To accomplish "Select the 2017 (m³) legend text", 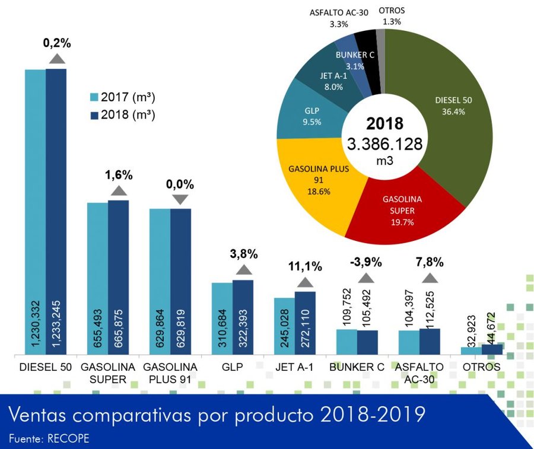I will coord(128,97).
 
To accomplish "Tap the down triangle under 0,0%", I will coord(180,200).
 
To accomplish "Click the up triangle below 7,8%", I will coord(429,277).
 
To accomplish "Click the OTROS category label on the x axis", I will coord(482,367).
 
